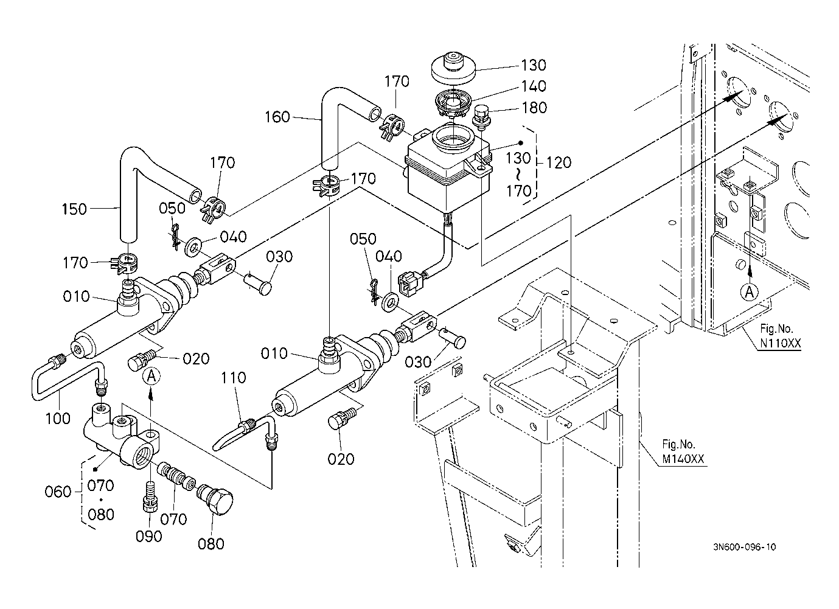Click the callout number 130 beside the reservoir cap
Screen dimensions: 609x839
[533, 65]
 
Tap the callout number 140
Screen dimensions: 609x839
[533, 86]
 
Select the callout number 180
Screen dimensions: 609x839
[534, 108]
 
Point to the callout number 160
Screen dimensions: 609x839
[277, 117]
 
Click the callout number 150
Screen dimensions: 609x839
[74, 209]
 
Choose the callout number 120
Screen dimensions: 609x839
[559, 162]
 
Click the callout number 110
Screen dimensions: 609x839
[234, 378]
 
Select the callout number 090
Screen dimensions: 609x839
[148, 536]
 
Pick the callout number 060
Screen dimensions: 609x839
[58, 492]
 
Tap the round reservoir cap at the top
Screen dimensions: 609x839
[453, 66]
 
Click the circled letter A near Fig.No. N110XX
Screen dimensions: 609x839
[750, 292]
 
